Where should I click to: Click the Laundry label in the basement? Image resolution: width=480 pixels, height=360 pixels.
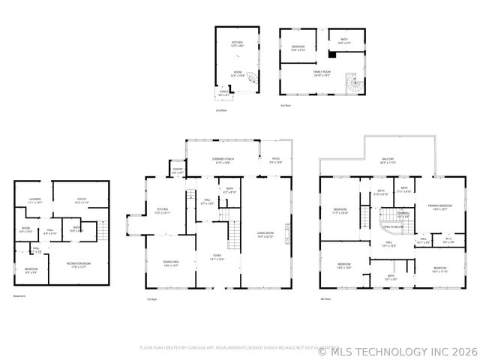click(x=34, y=199)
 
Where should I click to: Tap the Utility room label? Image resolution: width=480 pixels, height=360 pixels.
click(x=82, y=199)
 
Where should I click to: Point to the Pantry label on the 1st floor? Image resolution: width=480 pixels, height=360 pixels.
click(x=178, y=171)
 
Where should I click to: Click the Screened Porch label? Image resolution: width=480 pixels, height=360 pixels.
click(x=223, y=160)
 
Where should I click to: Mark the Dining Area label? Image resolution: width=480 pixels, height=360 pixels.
click(x=170, y=262)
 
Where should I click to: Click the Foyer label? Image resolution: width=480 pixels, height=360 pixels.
click(x=217, y=257)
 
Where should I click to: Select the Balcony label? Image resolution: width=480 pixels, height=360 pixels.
click(x=388, y=160)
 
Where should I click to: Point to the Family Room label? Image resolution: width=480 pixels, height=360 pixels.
click(x=322, y=72)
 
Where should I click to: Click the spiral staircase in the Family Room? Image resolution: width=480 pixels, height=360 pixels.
click(x=351, y=82)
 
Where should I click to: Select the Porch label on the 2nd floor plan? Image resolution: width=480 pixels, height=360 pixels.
click(x=224, y=94)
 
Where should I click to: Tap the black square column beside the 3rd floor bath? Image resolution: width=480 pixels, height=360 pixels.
click(x=329, y=54)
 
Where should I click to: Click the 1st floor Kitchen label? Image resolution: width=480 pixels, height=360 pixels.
click(x=162, y=210)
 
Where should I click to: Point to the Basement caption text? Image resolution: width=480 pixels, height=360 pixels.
click(x=19, y=295)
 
